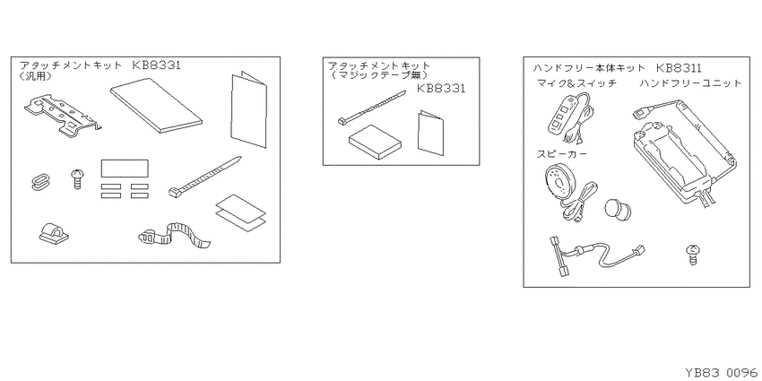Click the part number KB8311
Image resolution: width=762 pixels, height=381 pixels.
(679, 68)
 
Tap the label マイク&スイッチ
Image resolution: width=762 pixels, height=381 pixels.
(576, 83)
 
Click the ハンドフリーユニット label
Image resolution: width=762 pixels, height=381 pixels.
(690, 83)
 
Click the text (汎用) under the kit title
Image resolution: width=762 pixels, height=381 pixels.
(36, 77)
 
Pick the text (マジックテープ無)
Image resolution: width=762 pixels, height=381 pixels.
(378, 76)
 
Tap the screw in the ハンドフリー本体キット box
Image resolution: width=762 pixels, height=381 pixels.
(691, 255)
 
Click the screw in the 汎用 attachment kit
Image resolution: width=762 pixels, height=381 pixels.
(77, 178)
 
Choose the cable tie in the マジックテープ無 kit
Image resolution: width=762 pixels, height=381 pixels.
(371, 108)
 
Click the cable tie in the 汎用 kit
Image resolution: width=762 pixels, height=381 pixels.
(204, 177)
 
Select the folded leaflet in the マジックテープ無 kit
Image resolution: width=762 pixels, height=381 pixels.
(430, 134)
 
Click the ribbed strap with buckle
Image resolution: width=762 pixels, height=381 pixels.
(175, 234)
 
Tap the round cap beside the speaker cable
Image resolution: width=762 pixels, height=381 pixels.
(618, 209)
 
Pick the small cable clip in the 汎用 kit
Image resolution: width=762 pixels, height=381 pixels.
(53, 233)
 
